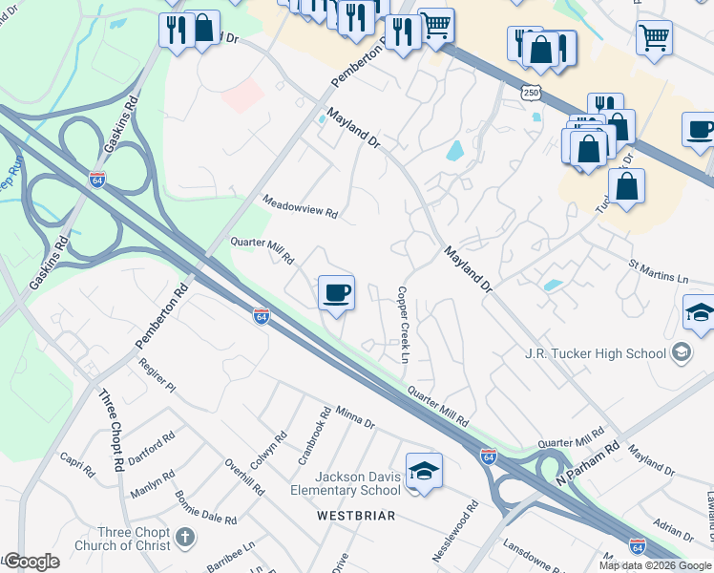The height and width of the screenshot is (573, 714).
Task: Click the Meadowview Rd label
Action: coord(301,207)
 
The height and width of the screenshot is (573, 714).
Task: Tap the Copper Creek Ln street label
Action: coord(404,325)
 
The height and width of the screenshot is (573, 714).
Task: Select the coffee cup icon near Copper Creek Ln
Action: coord(336,292)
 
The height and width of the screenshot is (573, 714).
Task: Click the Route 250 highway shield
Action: coord(530,93)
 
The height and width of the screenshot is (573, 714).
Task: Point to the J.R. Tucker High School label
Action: coord(595,353)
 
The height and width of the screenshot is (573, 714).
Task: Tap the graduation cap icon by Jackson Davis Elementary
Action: coord(424,471)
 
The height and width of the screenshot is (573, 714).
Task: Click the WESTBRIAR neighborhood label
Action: coord(356,516)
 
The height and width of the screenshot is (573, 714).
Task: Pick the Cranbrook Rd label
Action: coord(314,435)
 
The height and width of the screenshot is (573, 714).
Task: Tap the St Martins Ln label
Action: coord(657,270)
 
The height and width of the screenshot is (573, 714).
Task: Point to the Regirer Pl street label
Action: coord(157,375)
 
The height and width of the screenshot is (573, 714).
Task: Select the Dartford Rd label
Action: coord(152,447)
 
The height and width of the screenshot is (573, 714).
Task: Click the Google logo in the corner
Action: coord(31,562)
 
